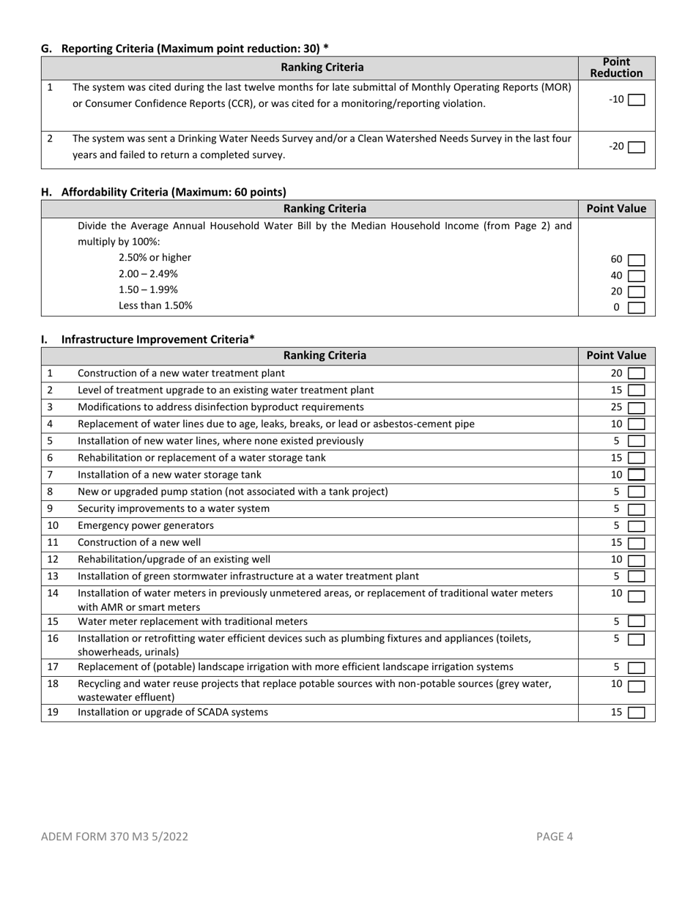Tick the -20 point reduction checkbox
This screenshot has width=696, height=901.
636,147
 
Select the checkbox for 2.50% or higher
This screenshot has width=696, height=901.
636,260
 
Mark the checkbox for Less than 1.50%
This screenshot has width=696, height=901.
636,308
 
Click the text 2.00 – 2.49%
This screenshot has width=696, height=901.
148,273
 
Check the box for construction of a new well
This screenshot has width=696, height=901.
636,543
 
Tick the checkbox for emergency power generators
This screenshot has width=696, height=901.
636,526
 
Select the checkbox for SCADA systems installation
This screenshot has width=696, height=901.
636,712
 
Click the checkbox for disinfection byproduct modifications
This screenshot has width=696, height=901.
636,407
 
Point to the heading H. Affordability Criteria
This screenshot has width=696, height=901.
163,192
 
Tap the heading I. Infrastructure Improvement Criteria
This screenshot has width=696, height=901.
148,339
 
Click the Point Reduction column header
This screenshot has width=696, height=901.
616,67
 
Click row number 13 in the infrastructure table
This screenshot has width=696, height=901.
53,576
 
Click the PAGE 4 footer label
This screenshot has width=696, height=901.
555,836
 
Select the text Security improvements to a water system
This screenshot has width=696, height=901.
174,508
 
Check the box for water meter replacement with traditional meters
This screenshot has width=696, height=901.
636,622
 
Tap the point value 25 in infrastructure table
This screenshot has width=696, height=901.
616,407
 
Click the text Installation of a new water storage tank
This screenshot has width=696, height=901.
169,475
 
